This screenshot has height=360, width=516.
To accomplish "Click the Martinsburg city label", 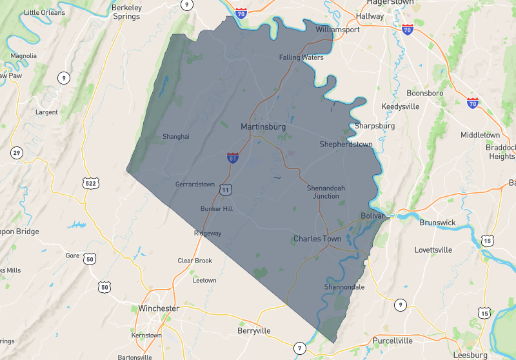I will pyautogui.click(x=263, y=127).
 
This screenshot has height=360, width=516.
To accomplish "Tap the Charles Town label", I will pyautogui.click(x=317, y=239).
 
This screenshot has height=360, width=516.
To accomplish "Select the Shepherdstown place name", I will pyautogui.click(x=346, y=145).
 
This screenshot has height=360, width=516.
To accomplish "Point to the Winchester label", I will pyautogui.click(x=159, y=308).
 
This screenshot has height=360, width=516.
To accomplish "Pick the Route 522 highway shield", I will pyautogui.click(x=91, y=183).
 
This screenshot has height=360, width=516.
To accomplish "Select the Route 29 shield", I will pyautogui.click(x=17, y=153).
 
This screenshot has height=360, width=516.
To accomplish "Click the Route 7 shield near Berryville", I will pyautogui.click(x=299, y=348).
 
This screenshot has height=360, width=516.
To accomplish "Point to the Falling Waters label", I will pyautogui.click(x=301, y=57).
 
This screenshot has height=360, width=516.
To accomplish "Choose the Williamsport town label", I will pyautogui.click(x=337, y=30).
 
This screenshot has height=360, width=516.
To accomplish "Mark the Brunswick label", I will pyautogui.click(x=437, y=223).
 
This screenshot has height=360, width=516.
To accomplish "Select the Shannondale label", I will pyautogui.click(x=344, y=287).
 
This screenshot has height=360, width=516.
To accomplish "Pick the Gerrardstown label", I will pyautogui.click(x=195, y=185).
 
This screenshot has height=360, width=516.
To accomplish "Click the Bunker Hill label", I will pyautogui.click(x=216, y=209).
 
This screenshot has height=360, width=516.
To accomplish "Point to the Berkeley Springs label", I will pyautogui.click(x=126, y=12).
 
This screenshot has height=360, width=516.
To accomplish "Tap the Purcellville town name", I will pyautogui.click(x=397, y=341).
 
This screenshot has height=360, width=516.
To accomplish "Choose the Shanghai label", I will pyautogui.click(x=176, y=137).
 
